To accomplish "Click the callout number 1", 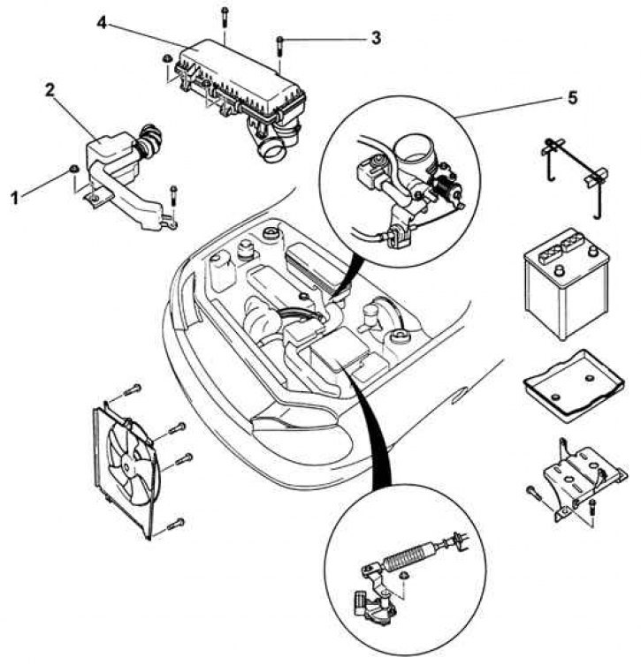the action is pos(15,198).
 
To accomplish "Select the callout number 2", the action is pos(50,90).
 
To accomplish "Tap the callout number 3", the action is pos(376,38).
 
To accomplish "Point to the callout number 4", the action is pos(102,22).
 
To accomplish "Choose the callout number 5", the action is pos(572,98).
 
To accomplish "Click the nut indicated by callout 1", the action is pos(73,170).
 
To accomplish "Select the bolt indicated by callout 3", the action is pos(279,46).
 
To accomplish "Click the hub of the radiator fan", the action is pos(126,465).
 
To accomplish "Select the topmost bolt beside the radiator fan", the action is pos(133,389).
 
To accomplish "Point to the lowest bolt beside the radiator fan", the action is pos(176,525).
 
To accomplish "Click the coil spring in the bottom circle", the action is pos(408,559).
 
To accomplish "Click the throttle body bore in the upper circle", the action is pos(413,149).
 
